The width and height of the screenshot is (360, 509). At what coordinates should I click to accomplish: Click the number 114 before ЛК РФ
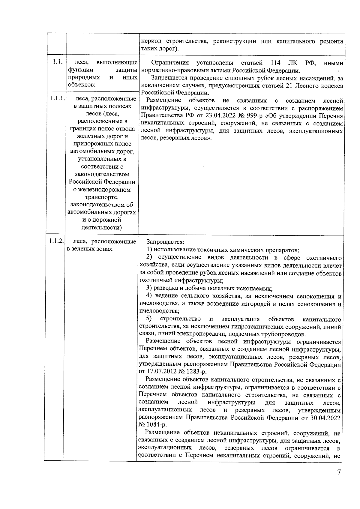tap(276, 63)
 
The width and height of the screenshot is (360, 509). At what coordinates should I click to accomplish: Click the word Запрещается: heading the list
tap(165, 242)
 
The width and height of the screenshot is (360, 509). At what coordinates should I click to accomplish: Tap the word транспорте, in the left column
tap(102, 197)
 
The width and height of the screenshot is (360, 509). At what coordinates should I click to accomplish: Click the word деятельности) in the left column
tap(102, 228)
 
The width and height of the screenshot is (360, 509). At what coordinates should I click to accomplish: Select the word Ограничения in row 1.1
tap(170, 63)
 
